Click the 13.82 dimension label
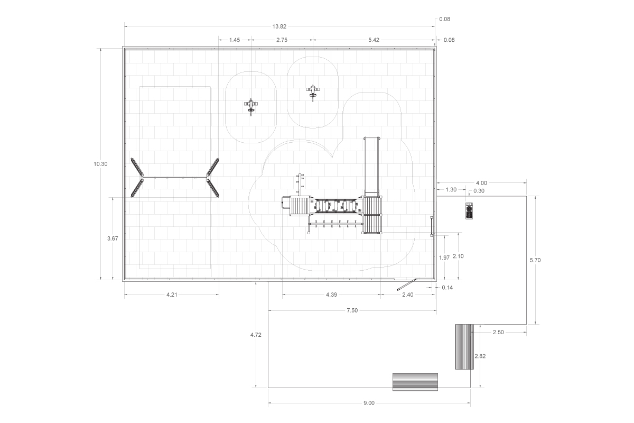(279, 26)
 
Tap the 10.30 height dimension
(100, 164)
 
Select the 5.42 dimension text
(374, 40)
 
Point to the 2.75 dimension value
(282, 40)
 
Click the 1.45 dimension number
(235, 40)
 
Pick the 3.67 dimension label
(113, 238)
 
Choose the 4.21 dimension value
(172, 295)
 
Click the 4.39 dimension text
(331, 295)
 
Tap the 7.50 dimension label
(352, 310)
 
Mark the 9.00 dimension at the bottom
(369, 403)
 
